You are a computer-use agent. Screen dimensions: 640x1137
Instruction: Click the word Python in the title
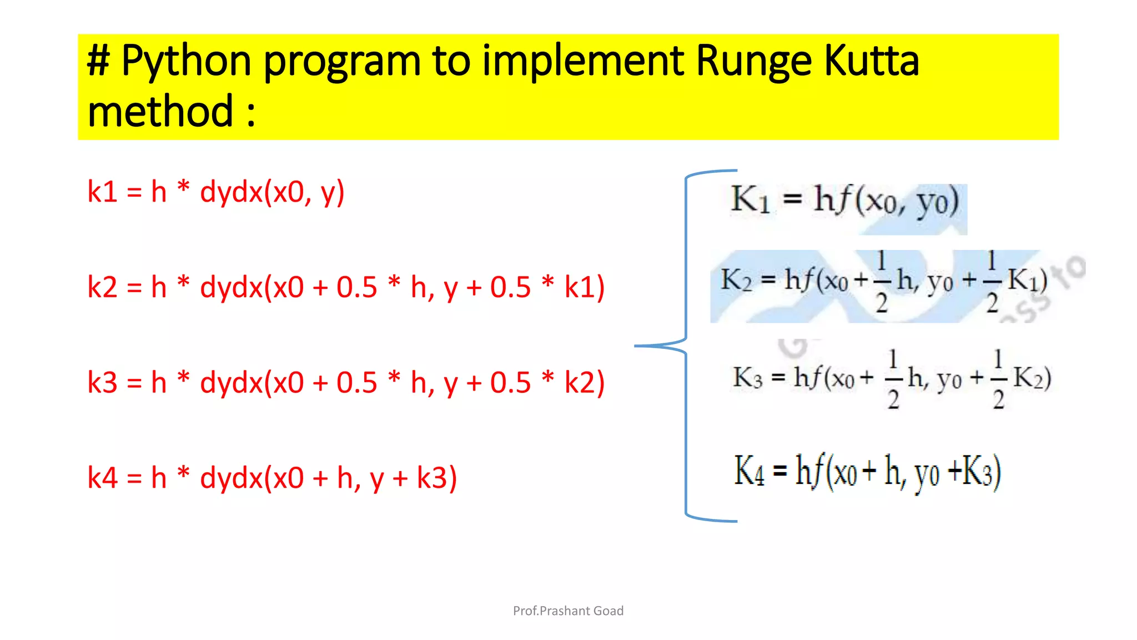186,61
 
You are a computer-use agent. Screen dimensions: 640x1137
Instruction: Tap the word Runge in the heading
753,61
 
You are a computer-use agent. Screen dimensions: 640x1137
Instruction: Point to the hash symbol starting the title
99,61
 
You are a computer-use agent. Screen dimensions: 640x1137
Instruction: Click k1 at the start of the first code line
102,192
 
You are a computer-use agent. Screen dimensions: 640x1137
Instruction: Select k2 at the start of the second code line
102,288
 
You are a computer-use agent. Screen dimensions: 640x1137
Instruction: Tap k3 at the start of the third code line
102,383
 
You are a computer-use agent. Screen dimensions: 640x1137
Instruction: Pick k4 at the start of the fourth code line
102,478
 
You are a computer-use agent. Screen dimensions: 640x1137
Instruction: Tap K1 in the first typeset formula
749,200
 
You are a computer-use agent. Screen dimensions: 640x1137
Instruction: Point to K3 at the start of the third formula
747,378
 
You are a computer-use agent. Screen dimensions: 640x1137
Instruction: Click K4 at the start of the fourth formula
748,471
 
